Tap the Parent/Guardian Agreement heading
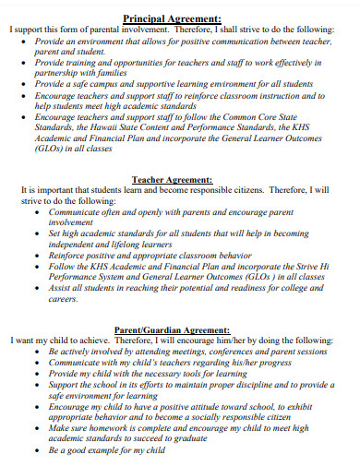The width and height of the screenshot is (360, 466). [173, 329]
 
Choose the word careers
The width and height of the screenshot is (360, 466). [65, 298]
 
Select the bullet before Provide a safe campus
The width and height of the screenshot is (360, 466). [37, 83]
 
